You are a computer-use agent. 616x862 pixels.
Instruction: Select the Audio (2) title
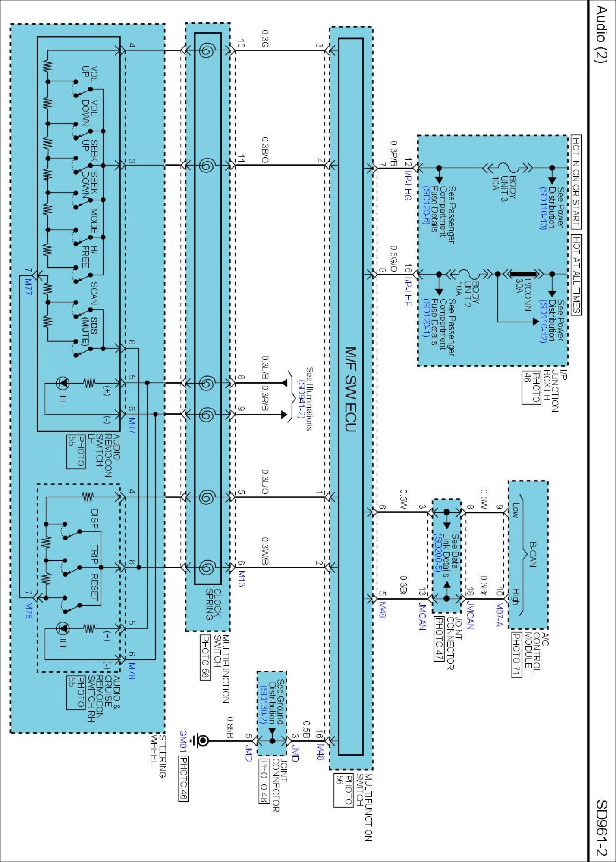tap(600, 34)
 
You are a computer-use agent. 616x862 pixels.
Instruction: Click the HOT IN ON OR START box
tap(576, 182)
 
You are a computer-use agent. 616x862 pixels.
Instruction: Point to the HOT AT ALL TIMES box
tap(576, 275)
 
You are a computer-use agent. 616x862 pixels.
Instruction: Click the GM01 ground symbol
tap(202, 741)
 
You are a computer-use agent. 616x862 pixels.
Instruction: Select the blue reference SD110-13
tap(543, 208)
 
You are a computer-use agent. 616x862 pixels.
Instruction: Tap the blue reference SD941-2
tap(301, 399)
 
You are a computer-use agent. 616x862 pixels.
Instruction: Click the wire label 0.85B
tap(230, 727)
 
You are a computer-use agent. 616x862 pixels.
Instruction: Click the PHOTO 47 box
tap(439, 638)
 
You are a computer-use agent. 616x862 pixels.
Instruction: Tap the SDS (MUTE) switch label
tap(90, 331)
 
